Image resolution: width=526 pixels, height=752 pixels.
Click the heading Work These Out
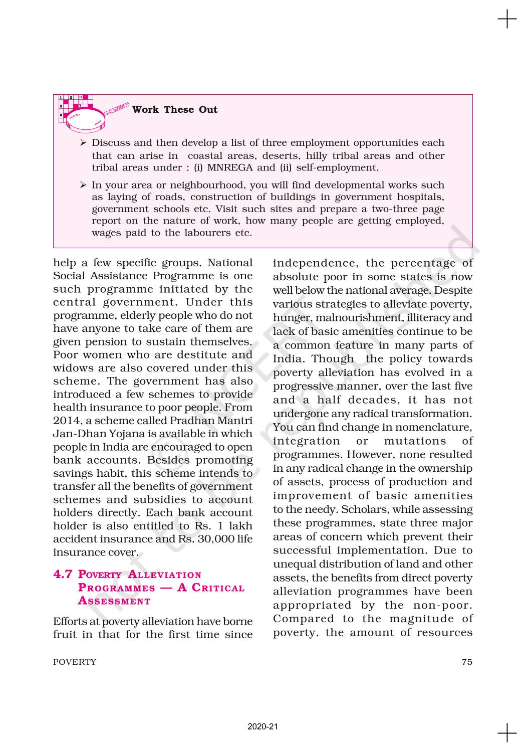175,110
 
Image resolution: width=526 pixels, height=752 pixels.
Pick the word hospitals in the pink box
419,197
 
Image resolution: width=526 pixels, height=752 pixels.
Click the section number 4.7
63,575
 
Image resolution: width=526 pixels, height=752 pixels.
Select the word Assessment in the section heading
114,601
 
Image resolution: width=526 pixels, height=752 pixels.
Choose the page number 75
467,662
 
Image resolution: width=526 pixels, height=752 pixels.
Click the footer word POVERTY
75,662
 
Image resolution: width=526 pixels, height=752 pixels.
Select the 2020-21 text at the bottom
262,726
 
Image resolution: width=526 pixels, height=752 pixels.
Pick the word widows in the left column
71,368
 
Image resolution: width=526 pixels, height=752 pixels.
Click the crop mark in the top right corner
507,20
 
